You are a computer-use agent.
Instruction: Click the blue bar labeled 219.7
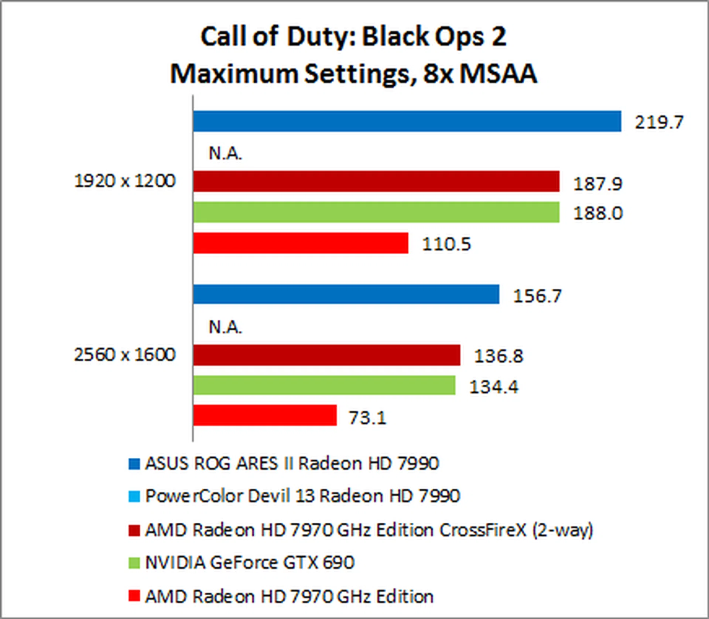tap(406, 121)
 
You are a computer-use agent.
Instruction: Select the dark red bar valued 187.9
tap(376, 181)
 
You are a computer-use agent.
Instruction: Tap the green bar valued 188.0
tap(376, 212)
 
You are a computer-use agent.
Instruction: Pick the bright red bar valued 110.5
tap(301, 243)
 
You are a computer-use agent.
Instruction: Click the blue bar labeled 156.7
tap(346, 294)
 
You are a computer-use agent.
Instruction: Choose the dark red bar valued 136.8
tap(326, 355)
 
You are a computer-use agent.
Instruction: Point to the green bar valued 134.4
tap(324, 385)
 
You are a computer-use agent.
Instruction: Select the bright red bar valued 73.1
tap(265, 415)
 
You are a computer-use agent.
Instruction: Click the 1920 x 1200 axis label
tap(125, 181)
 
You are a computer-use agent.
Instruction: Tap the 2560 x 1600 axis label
tap(125, 355)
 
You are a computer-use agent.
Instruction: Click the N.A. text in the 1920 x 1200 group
tap(225, 153)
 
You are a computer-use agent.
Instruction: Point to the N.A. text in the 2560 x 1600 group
tap(225, 327)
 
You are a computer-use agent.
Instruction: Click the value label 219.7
tap(659, 122)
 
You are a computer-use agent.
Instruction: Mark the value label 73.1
tap(367, 418)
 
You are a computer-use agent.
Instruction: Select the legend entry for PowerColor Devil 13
tap(302, 496)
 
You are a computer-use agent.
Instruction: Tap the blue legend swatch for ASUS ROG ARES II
tap(134, 464)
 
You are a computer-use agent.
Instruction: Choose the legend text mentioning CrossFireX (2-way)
tap(369, 530)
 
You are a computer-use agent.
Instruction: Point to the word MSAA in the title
tap(499, 73)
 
